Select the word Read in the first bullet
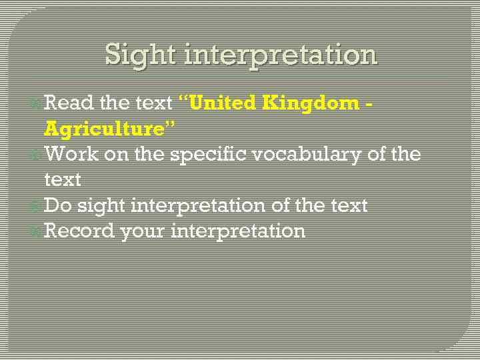[x=69, y=103]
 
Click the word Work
[x=71, y=154]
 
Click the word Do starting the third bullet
[x=57, y=205]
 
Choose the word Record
[x=79, y=231]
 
